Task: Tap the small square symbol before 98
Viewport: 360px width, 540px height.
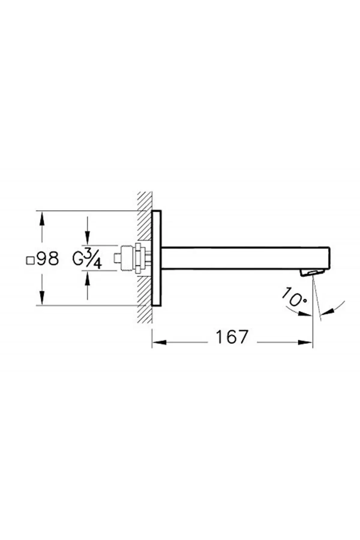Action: click(30, 260)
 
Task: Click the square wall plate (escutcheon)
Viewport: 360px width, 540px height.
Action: click(156, 258)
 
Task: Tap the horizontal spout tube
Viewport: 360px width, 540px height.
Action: click(240, 258)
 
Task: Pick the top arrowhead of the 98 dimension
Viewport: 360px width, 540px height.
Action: click(42, 218)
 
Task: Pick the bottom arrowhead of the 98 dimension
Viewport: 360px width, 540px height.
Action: click(42, 298)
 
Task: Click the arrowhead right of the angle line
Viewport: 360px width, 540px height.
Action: click(328, 312)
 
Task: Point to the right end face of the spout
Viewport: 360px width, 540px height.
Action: click(330, 258)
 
